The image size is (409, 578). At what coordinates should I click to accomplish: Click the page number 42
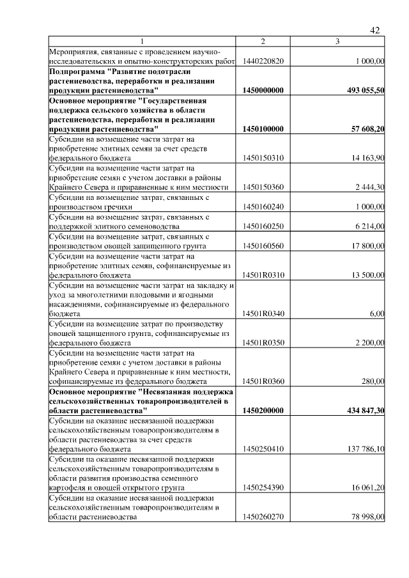point(375,30)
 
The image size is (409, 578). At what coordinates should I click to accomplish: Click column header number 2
point(263,42)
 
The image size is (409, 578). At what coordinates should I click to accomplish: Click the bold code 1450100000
point(263,129)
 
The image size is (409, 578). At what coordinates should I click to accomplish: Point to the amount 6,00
point(376,314)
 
